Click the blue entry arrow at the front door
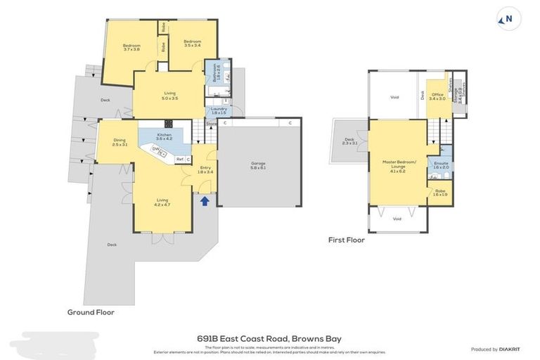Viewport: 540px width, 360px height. tap(205, 202)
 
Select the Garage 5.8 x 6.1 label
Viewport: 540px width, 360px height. tap(258, 165)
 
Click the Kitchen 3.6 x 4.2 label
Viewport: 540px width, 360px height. tap(164, 136)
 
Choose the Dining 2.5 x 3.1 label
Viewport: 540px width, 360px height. tap(120, 142)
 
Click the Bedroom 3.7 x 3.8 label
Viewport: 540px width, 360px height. tap(131, 47)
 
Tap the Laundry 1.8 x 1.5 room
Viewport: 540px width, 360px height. tap(217, 111)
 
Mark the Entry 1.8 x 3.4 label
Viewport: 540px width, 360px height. tap(205, 169)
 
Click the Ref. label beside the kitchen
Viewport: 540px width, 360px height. tap(180, 160)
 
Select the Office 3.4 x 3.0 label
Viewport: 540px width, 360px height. tap(437, 96)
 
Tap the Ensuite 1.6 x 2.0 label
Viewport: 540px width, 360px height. tap(442, 165)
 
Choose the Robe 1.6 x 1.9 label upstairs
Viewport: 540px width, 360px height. tap(441, 192)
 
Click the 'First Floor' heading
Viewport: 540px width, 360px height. tap(347, 240)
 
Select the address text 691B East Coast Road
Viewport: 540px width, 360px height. tap(271, 339)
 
